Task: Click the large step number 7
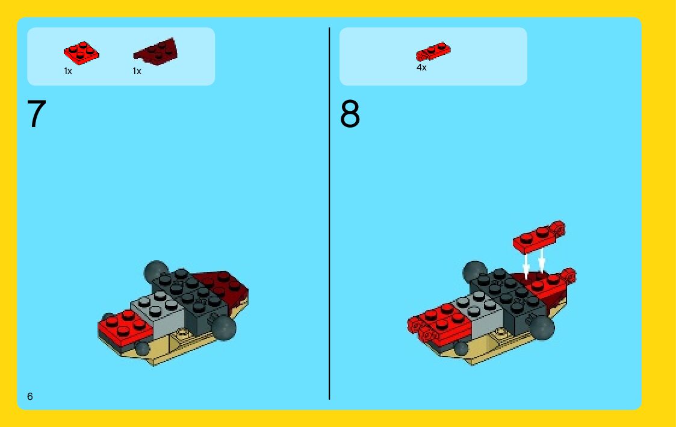click(37, 113)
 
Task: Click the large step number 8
click(350, 113)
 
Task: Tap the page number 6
click(29, 396)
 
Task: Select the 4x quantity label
click(421, 67)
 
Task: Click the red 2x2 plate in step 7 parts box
click(81, 52)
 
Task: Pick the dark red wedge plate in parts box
click(156, 52)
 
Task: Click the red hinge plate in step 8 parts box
click(433, 52)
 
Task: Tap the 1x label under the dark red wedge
click(137, 71)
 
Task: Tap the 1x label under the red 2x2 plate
click(68, 71)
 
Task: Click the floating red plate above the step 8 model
click(539, 236)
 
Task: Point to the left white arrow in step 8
click(526, 264)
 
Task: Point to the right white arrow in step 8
click(542, 260)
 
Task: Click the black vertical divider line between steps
click(329, 213)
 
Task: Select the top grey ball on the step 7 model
click(155, 271)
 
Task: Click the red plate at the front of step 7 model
click(125, 327)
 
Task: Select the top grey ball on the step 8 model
click(474, 271)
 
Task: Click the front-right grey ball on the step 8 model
click(542, 328)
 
